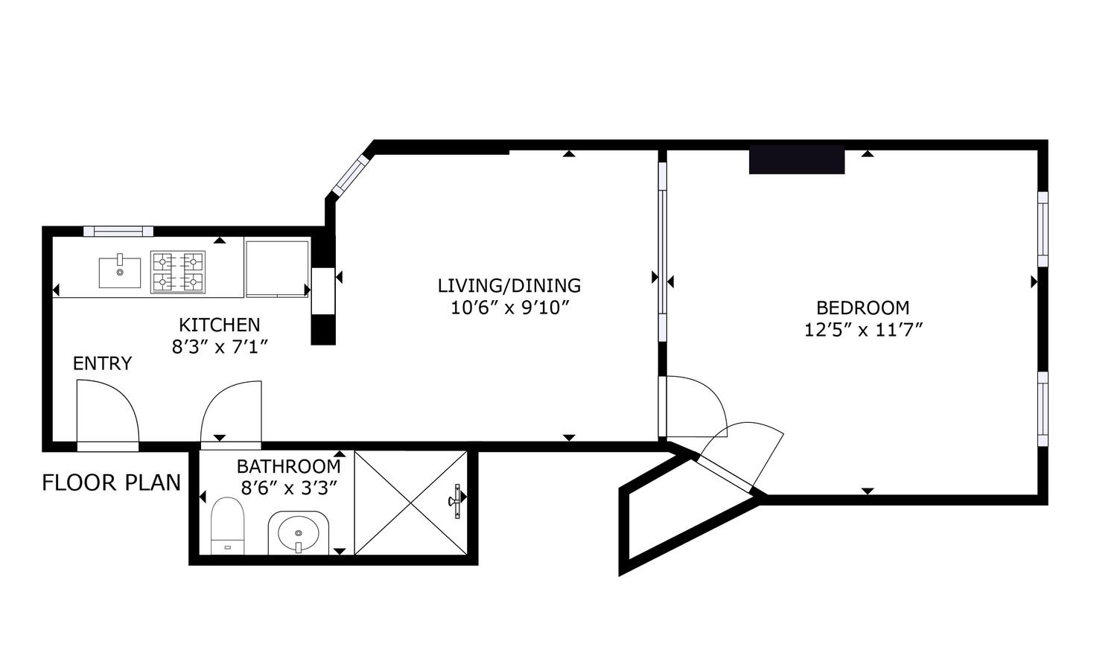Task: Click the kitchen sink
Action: (x=120, y=273)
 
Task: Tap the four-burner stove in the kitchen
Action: (x=178, y=272)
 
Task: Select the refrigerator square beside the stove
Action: (x=277, y=270)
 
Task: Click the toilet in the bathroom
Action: (x=227, y=526)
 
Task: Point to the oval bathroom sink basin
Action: (x=298, y=532)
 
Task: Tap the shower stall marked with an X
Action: (x=411, y=503)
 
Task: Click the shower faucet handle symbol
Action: (x=456, y=501)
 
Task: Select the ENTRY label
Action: (x=102, y=363)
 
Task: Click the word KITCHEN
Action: (x=220, y=325)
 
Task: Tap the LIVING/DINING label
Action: (x=509, y=286)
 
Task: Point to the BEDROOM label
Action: (x=862, y=308)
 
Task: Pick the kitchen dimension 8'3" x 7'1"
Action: (x=220, y=346)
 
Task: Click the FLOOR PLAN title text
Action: (x=111, y=482)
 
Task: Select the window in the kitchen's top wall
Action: (x=118, y=231)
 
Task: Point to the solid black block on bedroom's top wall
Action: (x=797, y=159)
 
